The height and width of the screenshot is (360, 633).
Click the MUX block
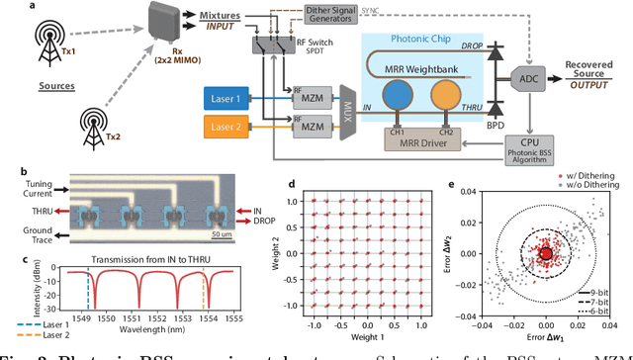click(x=347, y=109)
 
